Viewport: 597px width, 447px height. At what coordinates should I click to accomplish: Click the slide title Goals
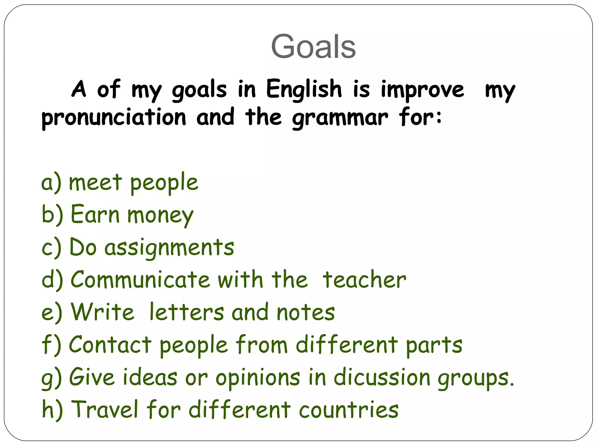pos(313,47)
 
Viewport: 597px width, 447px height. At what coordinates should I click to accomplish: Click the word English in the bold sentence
pos(304,89)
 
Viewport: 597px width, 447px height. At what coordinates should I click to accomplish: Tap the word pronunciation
pos(114,118)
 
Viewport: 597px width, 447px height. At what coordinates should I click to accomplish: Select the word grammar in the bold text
pos(340,118)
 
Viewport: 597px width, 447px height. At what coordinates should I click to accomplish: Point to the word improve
pos(422,90)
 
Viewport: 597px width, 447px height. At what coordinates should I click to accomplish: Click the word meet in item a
pos(95,182)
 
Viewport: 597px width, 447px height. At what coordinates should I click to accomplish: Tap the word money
pos(160,215)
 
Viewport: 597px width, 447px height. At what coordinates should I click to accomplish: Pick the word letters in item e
pos(187,312)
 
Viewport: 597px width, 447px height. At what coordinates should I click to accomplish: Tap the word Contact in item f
pos(110,345)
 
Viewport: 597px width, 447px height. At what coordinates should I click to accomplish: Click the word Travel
pos(105,409)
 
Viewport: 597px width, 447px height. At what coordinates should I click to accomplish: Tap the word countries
pos(349,410)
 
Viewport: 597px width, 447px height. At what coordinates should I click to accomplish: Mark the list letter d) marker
pos(52,280)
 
